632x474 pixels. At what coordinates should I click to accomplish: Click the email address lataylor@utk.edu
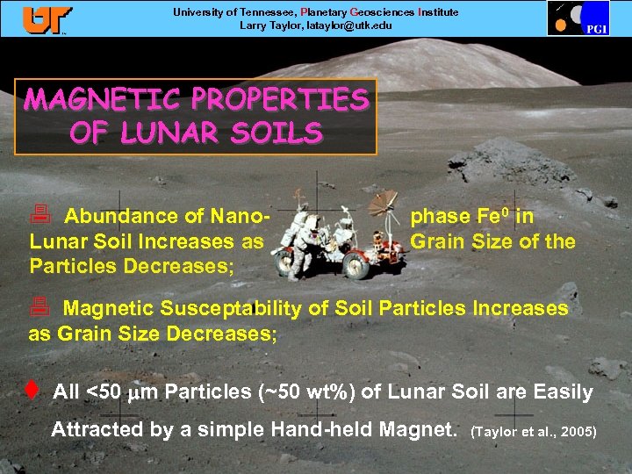click(341, 25)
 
